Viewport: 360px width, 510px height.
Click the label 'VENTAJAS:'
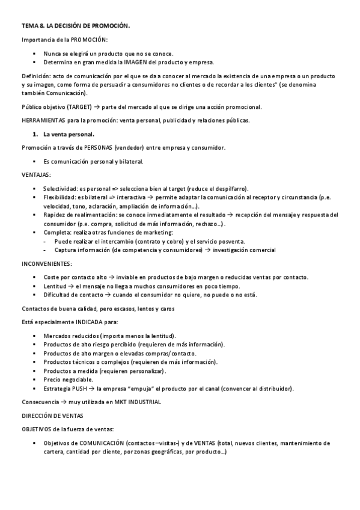36,175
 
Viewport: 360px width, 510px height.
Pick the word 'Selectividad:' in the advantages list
63,188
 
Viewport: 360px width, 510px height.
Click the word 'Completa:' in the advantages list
58,232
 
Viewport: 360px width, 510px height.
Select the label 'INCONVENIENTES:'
46,263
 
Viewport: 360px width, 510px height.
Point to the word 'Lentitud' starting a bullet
55,286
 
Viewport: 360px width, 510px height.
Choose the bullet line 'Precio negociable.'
69,379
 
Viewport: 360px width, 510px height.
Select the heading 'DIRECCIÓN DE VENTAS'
53,415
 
